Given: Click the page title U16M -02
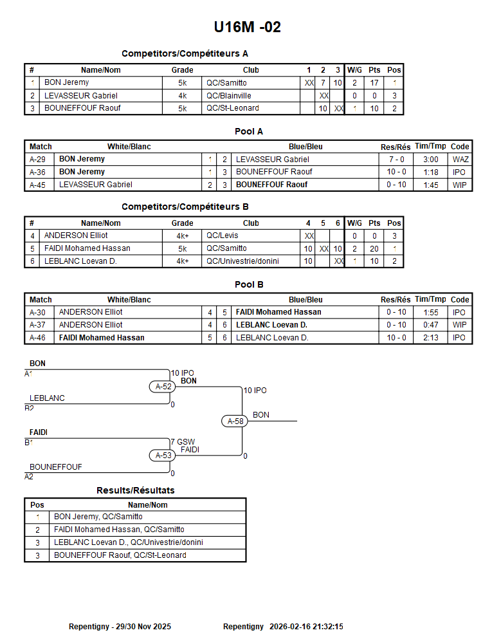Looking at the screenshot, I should (x=247, y=27).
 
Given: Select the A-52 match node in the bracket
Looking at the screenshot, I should (x=160, y=386).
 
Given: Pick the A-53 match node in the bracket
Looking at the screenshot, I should (x=160, y=456).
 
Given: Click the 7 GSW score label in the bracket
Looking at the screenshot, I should (x=183, y=442).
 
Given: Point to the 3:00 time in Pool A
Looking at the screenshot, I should (x=430, y=159).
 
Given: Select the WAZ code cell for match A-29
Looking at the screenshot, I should (x=460, y=159).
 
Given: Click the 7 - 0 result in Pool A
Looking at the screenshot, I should (x=396, y=159).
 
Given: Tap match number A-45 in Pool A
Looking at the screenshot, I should (x=37, y=185).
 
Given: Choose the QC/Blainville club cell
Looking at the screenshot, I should (x=228, y=95).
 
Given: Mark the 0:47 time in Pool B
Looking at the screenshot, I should (x=430, y=325).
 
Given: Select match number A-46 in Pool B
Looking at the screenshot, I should (x=37, y=338).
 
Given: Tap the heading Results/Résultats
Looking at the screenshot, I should (x=135, y=490).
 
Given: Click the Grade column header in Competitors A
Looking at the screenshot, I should (x=182, y=70).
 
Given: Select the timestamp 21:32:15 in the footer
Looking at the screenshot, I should (x=324, y=626).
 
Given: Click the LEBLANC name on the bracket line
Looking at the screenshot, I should (x=47, y=398).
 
